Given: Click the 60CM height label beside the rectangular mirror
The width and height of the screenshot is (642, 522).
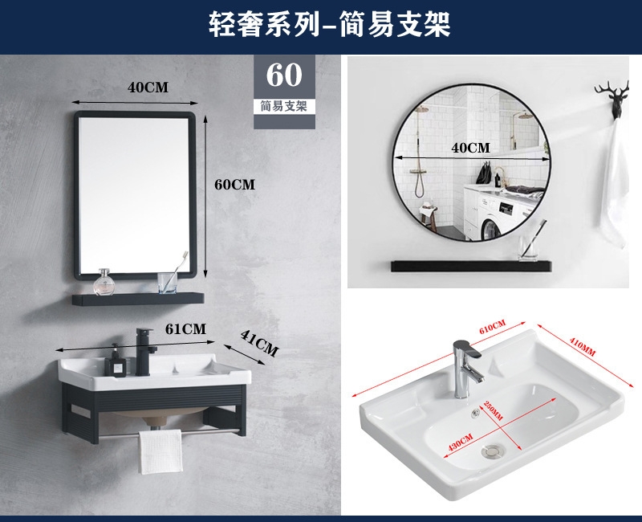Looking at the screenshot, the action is click(234, 185).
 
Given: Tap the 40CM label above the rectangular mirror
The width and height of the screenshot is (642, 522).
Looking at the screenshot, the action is click(148, 88).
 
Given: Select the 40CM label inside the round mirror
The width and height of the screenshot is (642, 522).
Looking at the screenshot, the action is click(470, 148).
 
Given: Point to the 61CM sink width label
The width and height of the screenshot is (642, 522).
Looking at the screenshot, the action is click(185, 329).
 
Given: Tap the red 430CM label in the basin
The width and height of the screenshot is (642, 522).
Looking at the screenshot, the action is click(461, 442).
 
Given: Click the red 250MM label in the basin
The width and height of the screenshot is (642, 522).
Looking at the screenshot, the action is click(493, 410).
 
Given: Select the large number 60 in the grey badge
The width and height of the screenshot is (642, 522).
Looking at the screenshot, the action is click(284, 75).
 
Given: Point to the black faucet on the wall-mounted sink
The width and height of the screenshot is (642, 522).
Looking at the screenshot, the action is click(145, 352).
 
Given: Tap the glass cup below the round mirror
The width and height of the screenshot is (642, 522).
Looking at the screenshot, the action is click(529, 247).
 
